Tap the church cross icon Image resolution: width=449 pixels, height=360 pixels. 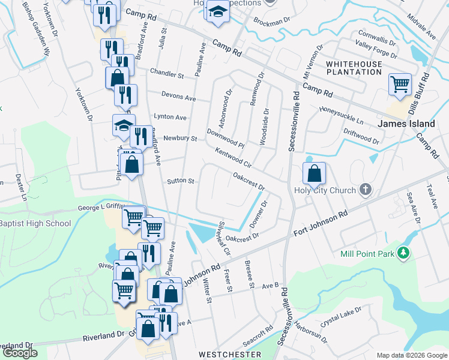[365, 191]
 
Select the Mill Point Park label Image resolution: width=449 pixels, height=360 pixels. [367, 254]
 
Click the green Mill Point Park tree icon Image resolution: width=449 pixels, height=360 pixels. [405, 253]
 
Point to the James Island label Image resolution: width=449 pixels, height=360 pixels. [406, 124]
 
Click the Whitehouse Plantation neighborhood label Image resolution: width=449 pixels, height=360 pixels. [354, 67]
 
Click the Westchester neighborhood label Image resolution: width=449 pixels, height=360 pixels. [230, 355]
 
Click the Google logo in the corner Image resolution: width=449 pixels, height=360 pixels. [20, 353]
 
